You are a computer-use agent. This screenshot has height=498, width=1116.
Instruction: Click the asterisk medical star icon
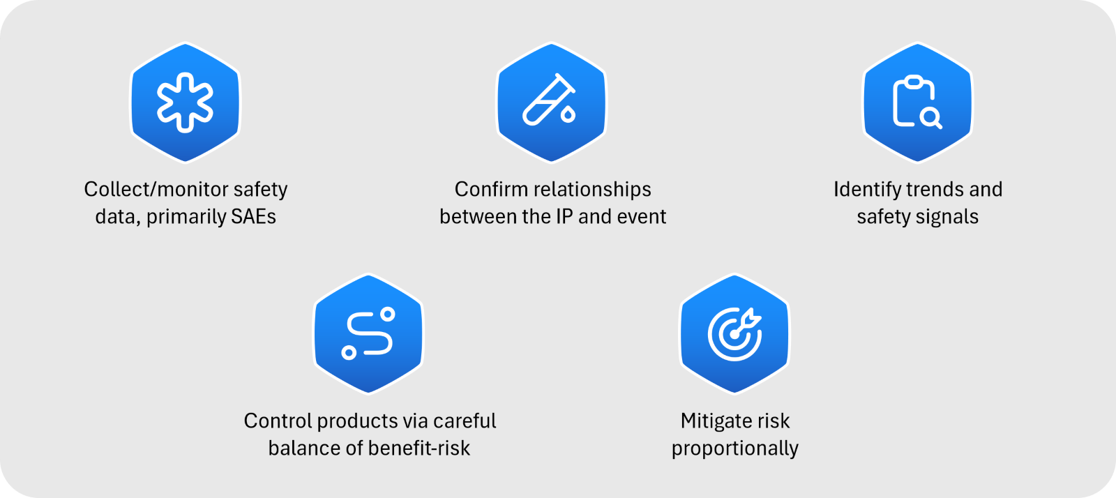(186, 103)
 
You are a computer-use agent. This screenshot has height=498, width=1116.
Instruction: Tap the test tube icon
(549, 100)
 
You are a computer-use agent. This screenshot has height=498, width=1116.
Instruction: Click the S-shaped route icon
(368, 333)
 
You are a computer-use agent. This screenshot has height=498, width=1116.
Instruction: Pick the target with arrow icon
(735, 333)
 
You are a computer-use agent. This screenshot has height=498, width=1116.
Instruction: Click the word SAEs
(254, 217)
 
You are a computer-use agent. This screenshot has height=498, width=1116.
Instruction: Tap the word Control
(278, 421)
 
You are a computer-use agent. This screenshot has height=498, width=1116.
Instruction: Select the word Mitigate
(716, 421)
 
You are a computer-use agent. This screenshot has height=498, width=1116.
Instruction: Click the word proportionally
(735, 448)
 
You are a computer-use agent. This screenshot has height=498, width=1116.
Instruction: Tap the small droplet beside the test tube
(568, 114)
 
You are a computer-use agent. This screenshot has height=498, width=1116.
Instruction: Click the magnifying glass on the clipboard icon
(930, 119)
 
